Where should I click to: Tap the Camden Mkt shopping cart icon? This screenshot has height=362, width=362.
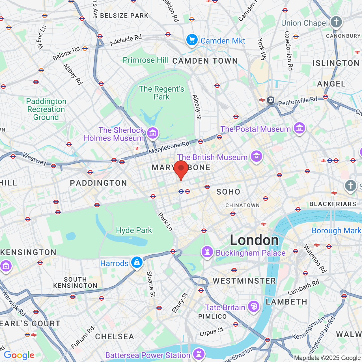192,40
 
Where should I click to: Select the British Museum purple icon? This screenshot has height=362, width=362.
257,156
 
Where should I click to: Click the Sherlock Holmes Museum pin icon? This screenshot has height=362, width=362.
153,133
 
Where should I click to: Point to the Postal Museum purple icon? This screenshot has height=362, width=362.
299,128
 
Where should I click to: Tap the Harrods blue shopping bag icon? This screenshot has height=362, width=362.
137,262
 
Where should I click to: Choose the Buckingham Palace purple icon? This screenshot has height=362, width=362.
207,252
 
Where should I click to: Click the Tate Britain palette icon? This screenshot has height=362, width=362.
254,307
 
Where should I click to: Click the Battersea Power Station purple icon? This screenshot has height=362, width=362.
199,354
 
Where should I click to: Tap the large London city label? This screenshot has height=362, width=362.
254,240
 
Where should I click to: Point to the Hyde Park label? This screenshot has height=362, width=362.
134,230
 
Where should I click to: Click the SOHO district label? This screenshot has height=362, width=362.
228,192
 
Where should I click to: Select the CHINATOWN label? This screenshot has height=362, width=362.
242,205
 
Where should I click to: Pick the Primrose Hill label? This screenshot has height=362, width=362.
145,60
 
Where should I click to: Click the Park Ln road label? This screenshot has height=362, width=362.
165,222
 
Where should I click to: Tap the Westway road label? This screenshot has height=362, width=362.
35,159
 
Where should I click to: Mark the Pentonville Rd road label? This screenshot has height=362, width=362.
298,101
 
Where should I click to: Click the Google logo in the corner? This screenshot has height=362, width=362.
19,355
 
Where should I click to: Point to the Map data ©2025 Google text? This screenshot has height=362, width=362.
327,358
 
